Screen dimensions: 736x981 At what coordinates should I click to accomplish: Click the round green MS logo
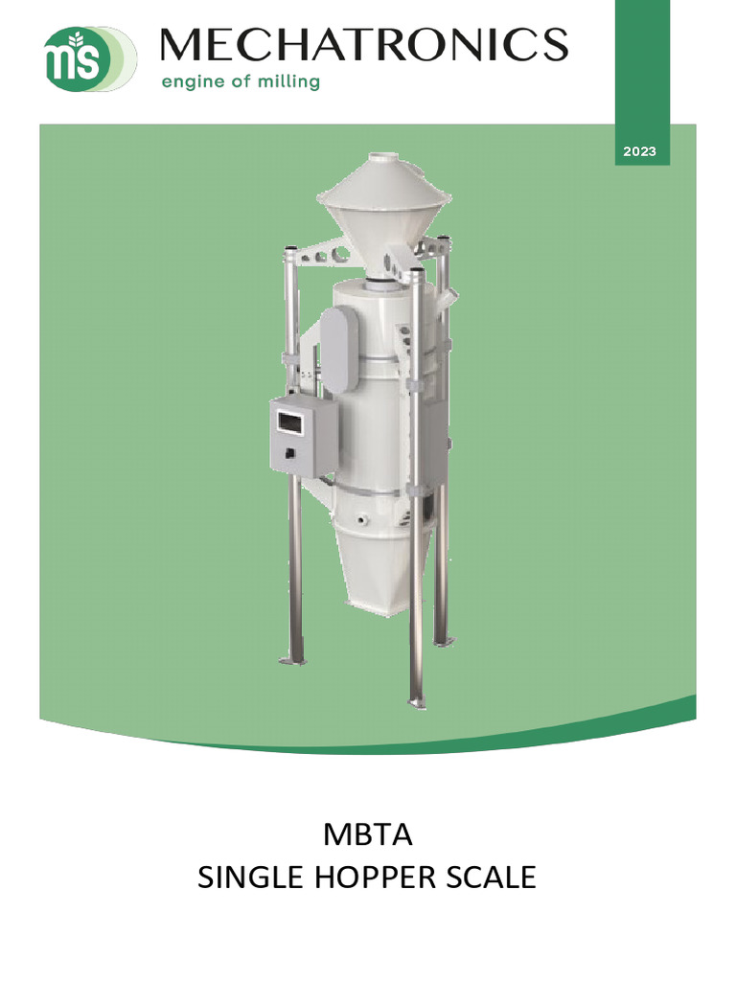click(73, 58)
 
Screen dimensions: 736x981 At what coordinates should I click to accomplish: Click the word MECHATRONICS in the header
click(364, 45)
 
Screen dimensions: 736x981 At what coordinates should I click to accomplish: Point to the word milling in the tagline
click(288, 81)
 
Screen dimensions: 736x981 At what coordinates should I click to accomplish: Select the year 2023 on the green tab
click(639, 151)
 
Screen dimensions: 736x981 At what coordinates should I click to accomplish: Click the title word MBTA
click(367, 834)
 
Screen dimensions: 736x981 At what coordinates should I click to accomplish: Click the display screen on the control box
click(289, 422)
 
